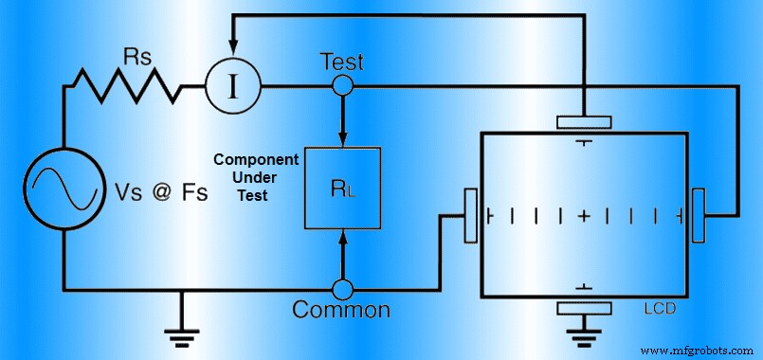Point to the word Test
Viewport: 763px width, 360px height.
click(x=340, y=62)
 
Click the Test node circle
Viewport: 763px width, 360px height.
click(x=342, y=87)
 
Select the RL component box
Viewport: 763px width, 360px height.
click(x=342, y=188)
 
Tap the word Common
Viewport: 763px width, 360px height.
click(x=341, y=310)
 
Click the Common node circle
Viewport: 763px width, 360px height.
click(x=342, y=287)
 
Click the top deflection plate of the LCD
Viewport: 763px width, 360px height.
click(x=584, y=122)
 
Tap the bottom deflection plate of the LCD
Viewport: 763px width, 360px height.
click(x=584, y=307)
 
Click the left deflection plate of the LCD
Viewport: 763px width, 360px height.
click(x=469, y=215)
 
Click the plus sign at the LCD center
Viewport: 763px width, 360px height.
click(x=584, y=216)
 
